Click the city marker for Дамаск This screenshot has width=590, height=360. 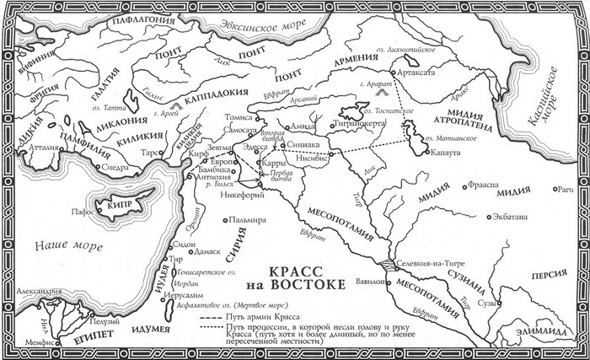click(193, 251)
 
